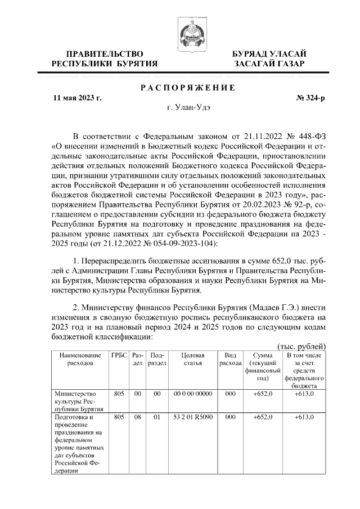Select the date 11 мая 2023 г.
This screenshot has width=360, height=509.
point(77,97)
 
